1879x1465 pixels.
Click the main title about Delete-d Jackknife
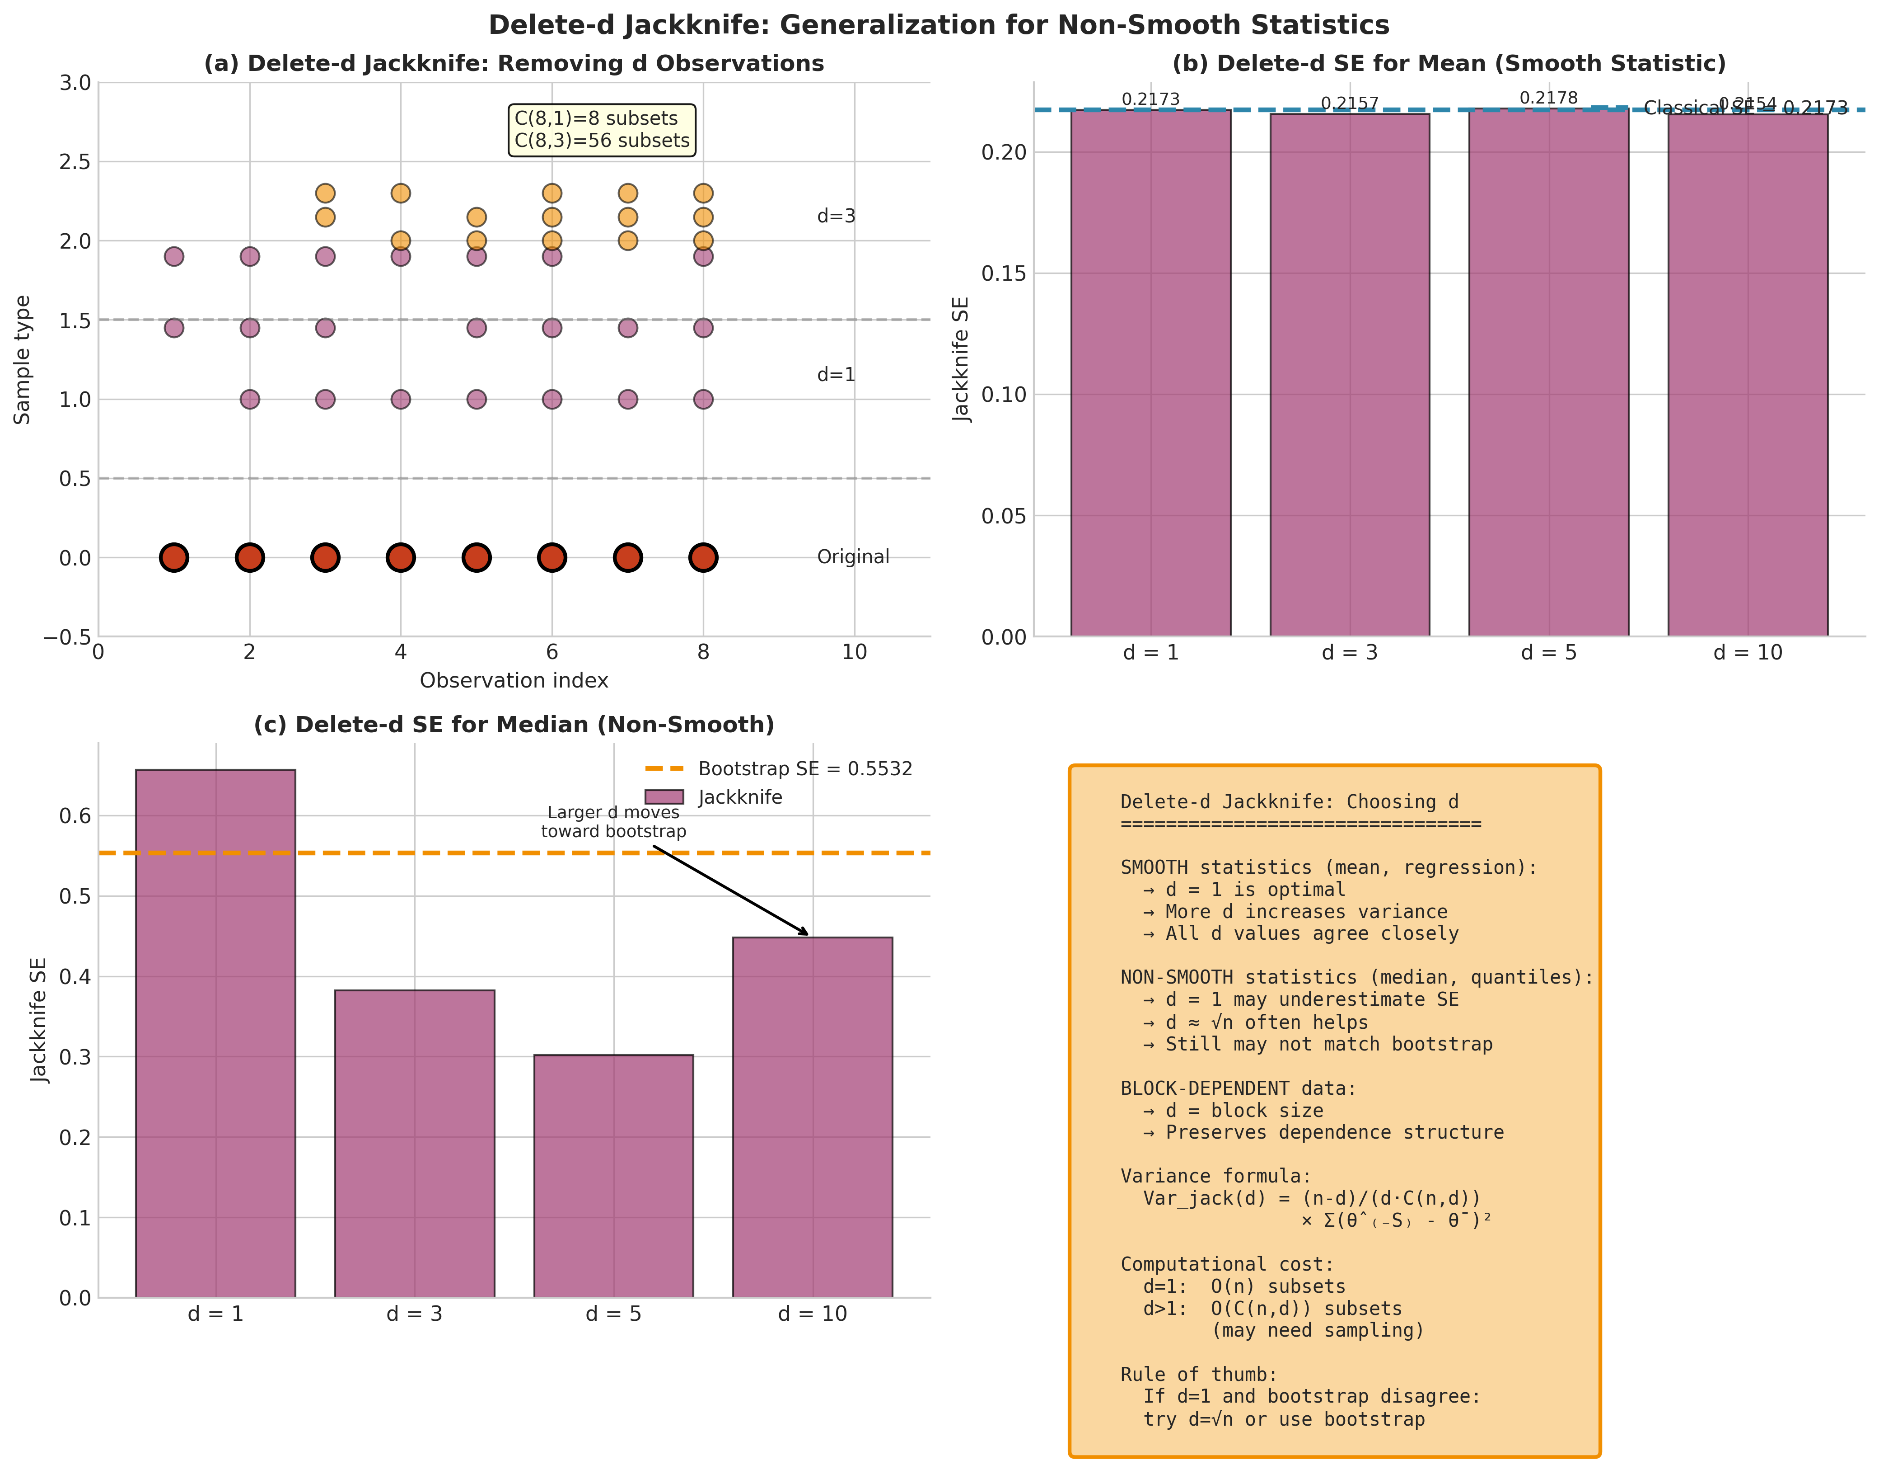pos(939,25)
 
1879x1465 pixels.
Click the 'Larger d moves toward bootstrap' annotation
pos(613,822)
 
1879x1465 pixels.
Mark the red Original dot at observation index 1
pos(174,558)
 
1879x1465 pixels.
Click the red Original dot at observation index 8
pos(703,558)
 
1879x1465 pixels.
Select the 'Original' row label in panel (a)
pos(853,557)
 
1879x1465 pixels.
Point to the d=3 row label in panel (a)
pos(836,216)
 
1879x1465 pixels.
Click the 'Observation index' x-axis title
pos(514,681)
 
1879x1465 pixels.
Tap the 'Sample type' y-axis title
pos(23,360)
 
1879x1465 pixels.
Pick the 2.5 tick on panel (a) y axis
pos(75,162)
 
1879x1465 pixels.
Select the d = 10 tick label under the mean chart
pos(1748,652)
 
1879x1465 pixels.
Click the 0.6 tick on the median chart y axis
pos(75,816)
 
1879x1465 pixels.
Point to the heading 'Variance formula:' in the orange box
pos(1215,1176)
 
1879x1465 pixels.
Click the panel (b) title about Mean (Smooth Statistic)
pos(1449,64)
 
